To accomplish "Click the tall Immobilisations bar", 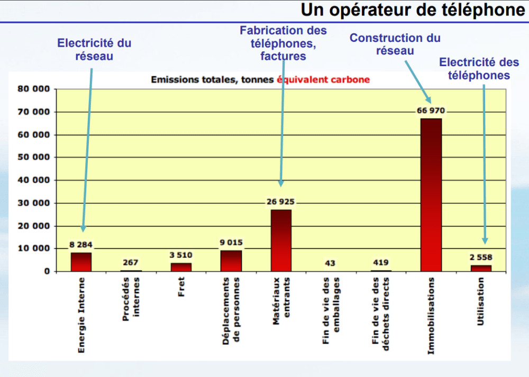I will click(x=431, y=195).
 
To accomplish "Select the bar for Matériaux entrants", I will click(x=281, y=240).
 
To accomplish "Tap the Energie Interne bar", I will click(x=81, y=262).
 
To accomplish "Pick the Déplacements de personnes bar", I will click(x=231, y=261).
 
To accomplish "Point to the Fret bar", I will click(x=181, y=267).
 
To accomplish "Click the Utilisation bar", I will click(x=481, y=268).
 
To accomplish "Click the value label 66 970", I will click(x=431, y=111).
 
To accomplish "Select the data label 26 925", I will click(x=280, y=202).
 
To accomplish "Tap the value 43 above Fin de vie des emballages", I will click(x=330, y=263).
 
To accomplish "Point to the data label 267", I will click(x=131, y=263).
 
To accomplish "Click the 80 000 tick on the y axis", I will click(x=34, y=89).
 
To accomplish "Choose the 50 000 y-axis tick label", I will click(x=34, y=157).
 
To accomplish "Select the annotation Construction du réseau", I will click(x=395, y=44).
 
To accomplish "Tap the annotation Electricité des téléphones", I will click(x=479, y=69).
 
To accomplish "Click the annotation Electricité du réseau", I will click(x=94, y=50).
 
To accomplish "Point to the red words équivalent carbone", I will click(x=323, y=80).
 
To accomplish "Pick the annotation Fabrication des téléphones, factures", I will click(x=283, y=43).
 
